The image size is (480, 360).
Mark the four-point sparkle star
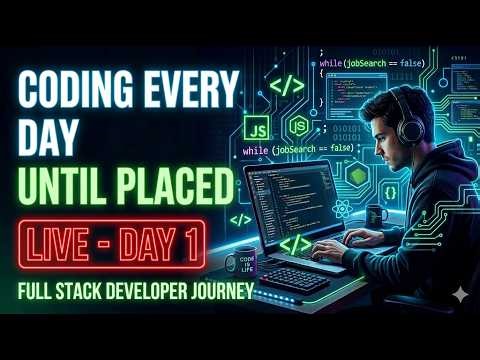pos(458,293)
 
